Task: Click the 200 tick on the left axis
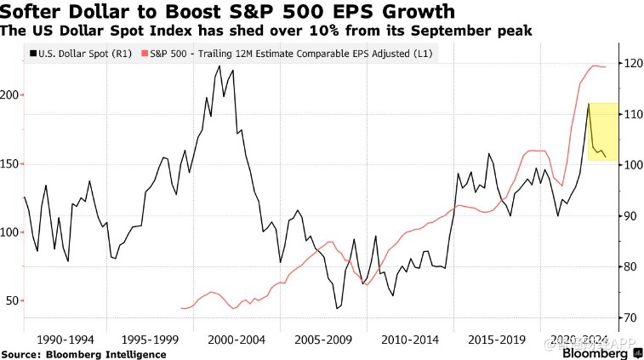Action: coord(9,95)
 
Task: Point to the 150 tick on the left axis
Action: coord(9,163)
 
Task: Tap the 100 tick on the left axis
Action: coord(9,231)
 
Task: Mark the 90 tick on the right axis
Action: coord(630,215)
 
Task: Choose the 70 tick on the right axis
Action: coord(630,317)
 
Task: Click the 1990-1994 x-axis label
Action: coord(67,338)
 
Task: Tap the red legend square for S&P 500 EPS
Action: coord(144,53)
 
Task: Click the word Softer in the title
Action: coord(31,12)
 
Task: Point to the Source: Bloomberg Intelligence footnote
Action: coord(83,353)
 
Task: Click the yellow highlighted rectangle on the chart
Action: coord(602,130)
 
